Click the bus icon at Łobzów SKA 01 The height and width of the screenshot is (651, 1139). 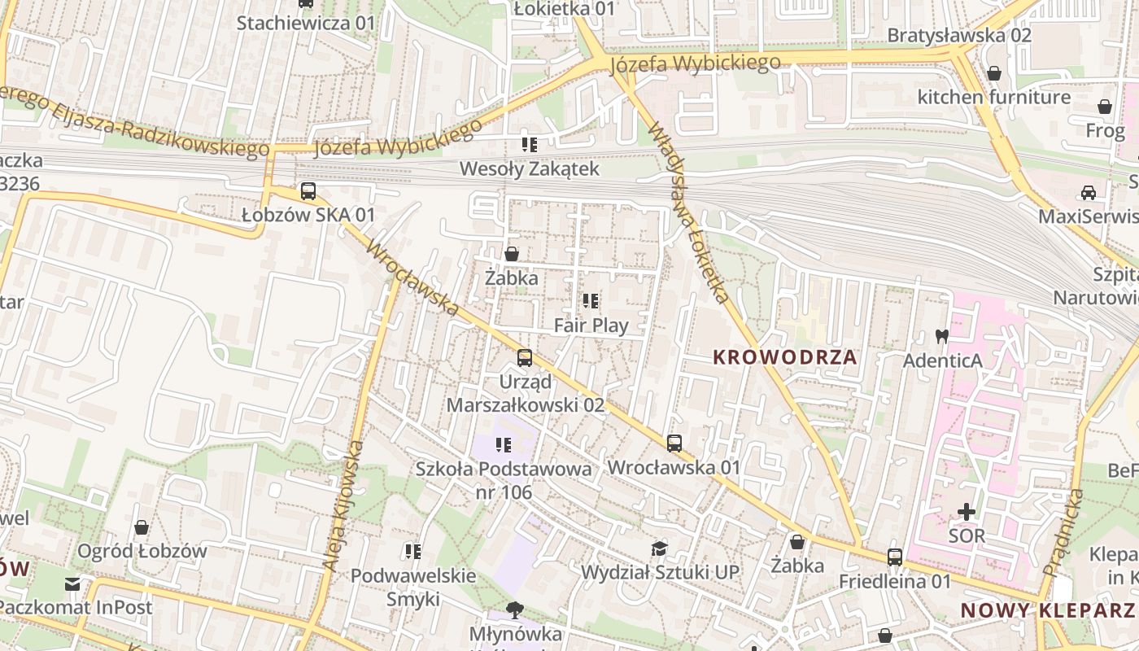coord(308,191)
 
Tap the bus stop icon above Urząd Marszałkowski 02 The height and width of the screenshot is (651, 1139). coord(525,357)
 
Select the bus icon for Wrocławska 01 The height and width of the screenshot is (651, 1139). coord(674,443)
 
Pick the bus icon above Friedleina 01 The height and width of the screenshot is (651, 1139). coord(895,557)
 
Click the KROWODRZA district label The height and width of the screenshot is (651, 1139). coord(785,357)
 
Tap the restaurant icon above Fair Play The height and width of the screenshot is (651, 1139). coord(591,301)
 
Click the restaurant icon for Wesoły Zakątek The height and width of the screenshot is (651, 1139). coord(530,145)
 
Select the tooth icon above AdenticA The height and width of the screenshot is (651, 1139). coord(942,335)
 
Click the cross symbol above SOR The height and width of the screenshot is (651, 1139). coord(967,512)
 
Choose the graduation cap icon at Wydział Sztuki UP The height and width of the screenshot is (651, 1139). coord(659,548)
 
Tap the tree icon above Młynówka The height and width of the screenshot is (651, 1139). coord(514,609)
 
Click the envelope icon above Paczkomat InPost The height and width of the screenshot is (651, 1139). coord(73,583)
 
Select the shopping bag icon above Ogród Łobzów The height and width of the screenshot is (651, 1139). coord(142,527)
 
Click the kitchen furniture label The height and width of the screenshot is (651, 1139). coord(993,98)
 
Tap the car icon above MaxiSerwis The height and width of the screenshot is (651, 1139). coord(1089,193)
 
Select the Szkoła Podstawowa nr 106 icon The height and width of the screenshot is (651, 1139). coord(504,444)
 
